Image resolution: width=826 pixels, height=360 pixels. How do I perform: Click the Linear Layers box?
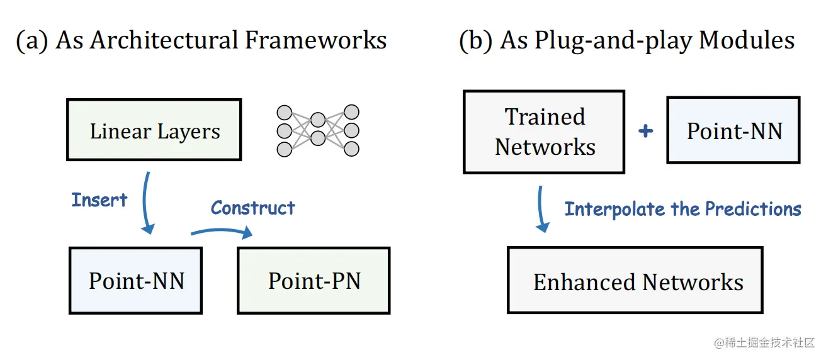tap(154, 130)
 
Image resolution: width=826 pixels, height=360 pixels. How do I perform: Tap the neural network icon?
tap(317, 130)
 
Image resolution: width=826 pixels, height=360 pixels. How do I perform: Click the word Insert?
tap(99, 200)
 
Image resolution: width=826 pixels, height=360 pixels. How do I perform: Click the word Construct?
tap(252, 208)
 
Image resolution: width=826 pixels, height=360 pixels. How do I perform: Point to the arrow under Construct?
tap(222, 232)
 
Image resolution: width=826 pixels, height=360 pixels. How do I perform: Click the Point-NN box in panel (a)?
tap(135, 280)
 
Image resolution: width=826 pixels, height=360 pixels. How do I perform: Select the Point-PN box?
tap(314, 280)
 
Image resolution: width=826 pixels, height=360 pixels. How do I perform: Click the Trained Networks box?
tap(544, 132)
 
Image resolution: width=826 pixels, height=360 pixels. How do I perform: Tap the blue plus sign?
tap(645, 131)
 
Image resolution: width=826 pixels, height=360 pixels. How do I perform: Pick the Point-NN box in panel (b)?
tap(733, 130)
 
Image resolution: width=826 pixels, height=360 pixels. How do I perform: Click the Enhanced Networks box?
tap(635, 281)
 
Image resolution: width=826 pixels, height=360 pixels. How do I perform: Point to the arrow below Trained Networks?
tap(541, 208)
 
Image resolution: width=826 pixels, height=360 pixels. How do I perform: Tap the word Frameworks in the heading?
tap(315, 41)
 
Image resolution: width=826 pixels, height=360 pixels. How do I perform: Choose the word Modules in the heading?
tap(747, 41)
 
